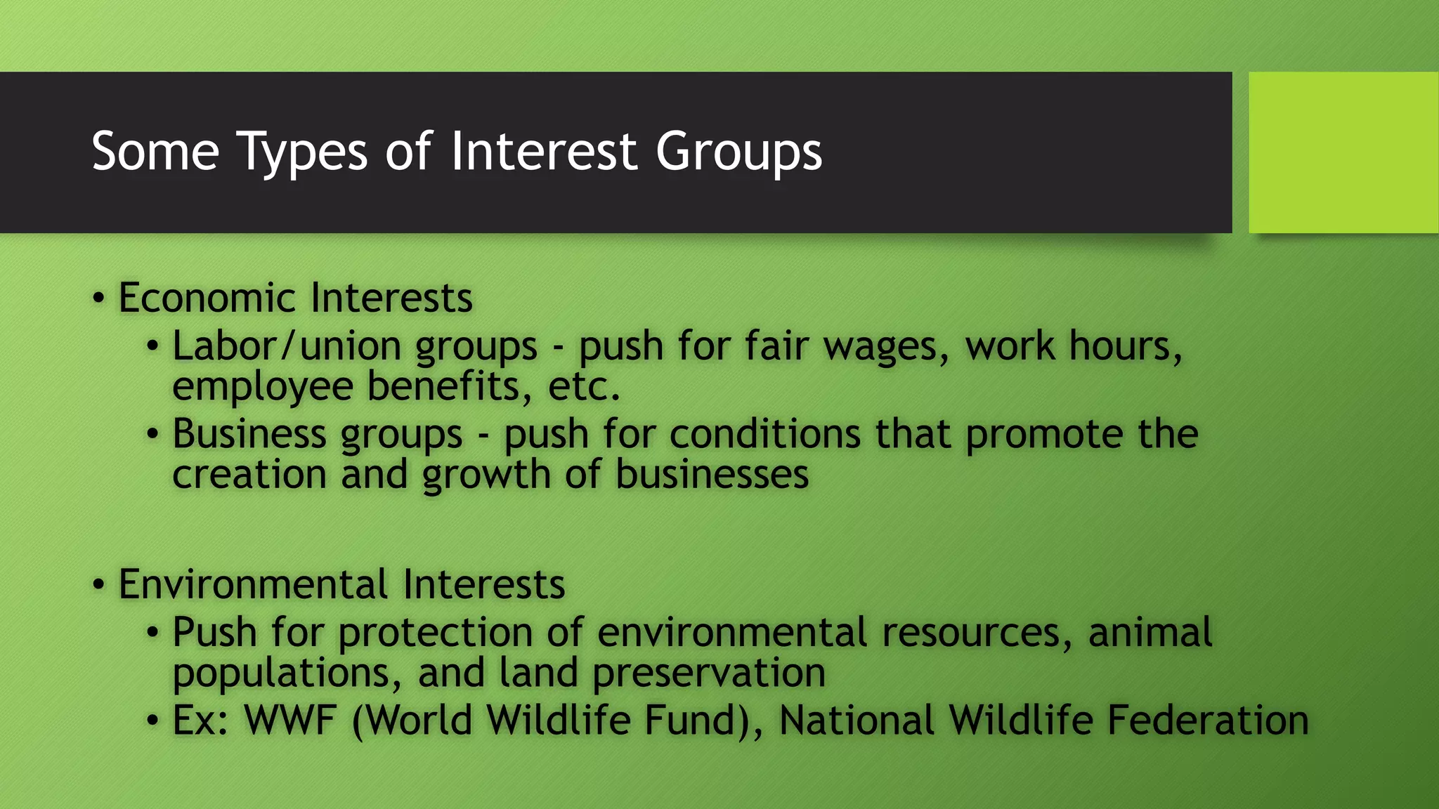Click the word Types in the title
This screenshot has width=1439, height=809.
(303, 152)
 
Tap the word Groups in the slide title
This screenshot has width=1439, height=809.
(738, 152)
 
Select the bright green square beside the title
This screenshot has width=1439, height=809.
(1343, 152)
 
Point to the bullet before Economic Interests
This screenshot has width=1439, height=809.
(99, 298)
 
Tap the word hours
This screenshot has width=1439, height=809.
(1126, 346)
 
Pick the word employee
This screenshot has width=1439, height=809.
(262, 387)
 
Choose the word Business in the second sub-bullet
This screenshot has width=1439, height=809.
(249, 433)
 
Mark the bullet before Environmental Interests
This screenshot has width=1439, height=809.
(99, 585)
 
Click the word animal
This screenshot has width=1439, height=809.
(1150, 632)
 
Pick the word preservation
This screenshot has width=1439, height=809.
(709, 673)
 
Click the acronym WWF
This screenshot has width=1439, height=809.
(289, 721)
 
